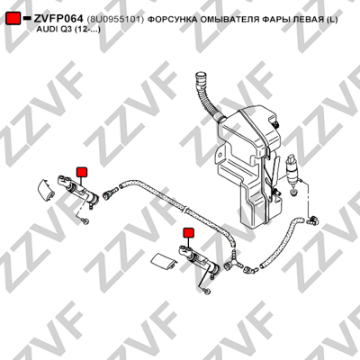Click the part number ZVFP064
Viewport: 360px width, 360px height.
coord(58,19)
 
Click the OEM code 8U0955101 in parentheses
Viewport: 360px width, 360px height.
coord(115,20)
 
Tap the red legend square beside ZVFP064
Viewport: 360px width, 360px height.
coord(13,19)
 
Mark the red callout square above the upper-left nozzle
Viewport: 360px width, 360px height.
coord(82,172)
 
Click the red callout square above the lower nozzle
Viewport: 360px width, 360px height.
coord(189,232)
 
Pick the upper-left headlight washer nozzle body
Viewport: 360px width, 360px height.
coord(77,190)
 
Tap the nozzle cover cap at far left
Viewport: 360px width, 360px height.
coord(46,190)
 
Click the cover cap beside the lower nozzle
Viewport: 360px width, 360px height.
coord(163,260)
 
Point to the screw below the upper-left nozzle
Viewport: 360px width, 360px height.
coord(85,221)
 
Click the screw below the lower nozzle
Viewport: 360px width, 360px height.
coord(206,291)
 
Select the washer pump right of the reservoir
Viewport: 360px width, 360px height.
coord(292,175)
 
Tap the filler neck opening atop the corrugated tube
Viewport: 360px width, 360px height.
coord(199,75)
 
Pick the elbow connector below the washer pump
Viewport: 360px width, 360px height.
coord(312,220)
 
